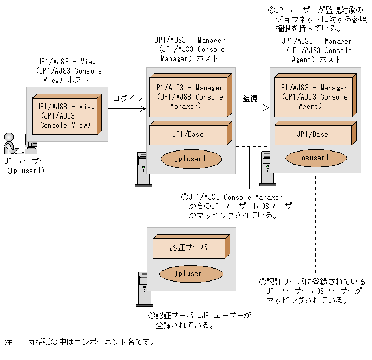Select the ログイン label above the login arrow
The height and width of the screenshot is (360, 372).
(128, 99)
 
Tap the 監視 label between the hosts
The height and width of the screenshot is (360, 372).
(250, 99)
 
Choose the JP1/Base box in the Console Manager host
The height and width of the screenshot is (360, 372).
(188, 134)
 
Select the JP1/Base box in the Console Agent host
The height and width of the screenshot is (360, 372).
(312, 134)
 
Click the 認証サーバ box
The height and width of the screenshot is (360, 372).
(189, 247)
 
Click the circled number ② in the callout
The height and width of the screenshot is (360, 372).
(184, 197)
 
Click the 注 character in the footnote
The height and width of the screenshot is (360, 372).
(9, 343)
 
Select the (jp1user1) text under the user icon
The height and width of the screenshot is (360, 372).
(25, 170)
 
